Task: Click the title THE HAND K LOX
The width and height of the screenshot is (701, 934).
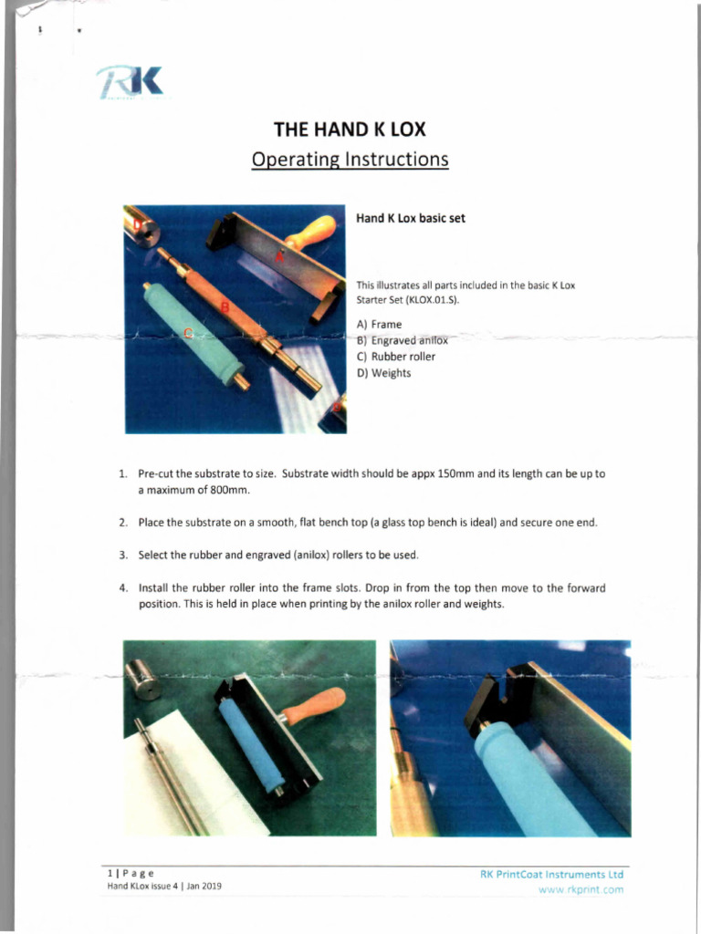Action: [350, 129]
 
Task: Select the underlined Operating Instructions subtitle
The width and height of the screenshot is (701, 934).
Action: [350, 160]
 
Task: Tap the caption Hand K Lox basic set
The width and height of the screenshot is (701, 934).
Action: [410, 218]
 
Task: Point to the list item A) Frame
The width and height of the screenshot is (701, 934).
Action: [379, 324]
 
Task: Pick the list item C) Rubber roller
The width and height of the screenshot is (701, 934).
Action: [395, 357]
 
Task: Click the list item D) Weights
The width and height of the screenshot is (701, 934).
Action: [383, 373]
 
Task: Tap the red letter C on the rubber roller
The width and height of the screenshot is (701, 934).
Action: [189, 333]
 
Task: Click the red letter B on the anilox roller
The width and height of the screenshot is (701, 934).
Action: [225, 307]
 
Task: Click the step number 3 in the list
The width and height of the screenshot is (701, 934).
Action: [122, 555]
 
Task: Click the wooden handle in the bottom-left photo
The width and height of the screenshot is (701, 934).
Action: [313, 704]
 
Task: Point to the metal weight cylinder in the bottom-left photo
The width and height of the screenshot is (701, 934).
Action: [143, 680]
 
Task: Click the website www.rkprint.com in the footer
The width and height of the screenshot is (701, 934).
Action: [581, 889]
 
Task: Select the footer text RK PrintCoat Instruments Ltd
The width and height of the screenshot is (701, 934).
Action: [551, 875]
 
